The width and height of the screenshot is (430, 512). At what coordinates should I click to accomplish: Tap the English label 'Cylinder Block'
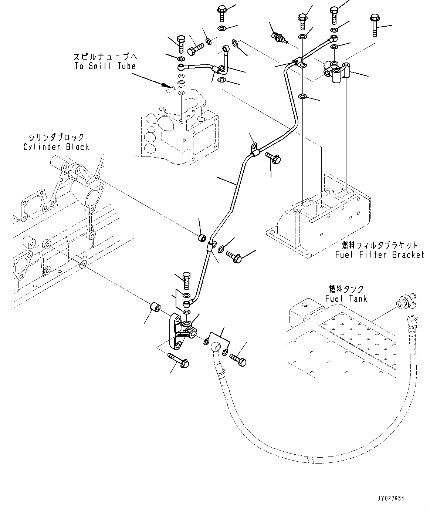pos(56,147)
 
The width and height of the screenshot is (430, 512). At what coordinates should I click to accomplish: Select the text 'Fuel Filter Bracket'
pos(379,255)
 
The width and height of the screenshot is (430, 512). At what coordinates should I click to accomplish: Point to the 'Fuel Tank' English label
pos(346,299)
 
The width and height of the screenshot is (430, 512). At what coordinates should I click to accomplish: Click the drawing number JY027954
pos(391,498)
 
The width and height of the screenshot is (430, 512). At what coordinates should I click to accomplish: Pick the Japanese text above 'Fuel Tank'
pos(346,289)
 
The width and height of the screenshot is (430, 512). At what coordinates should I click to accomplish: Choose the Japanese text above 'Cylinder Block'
pos(56,138)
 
